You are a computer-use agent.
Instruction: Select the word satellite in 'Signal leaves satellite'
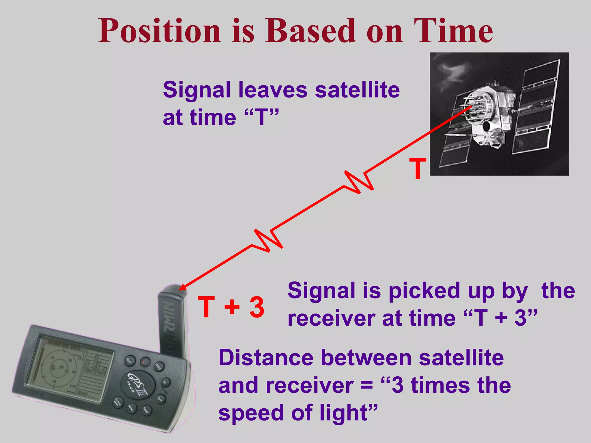tap(357, 90)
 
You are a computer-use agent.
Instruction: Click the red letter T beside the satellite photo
tap(418, 169)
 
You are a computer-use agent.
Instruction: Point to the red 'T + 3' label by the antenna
tap(231, 307)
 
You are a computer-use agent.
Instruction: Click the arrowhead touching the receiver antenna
tap(183, 287)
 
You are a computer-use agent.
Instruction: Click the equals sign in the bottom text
tap(367, 385)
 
